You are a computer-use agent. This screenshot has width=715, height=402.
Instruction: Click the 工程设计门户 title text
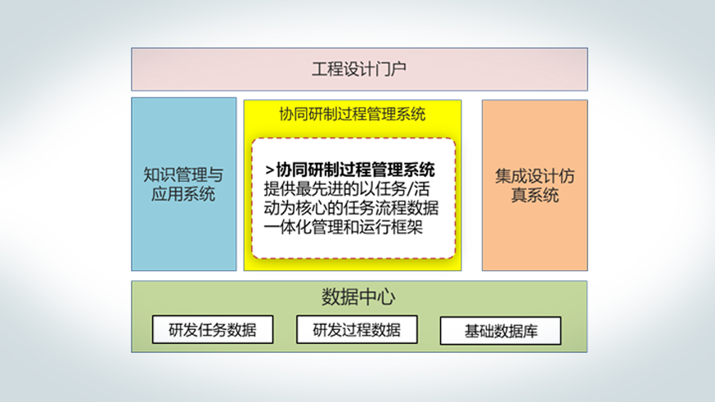coord(359,70)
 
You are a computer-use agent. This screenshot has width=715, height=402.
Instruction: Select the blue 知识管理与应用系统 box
coord(184,184)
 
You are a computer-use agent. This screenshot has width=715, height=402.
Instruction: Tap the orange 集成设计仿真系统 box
coord(535,185)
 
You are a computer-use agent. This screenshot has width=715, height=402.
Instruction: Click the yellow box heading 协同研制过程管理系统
coord(353,114)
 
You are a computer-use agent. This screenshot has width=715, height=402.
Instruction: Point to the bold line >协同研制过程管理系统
coord(350,169)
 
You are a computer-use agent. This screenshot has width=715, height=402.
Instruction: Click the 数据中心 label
coord(358,297)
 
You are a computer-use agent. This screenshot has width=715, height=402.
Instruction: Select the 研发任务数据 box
coord(213,329)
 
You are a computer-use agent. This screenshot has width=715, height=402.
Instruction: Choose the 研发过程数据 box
coord(357,329)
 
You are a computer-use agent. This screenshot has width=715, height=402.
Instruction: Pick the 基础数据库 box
coord(501,331)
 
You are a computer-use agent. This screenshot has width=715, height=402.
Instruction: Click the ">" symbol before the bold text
coord(269,170)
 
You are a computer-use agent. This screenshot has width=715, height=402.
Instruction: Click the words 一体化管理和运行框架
coord(344,227)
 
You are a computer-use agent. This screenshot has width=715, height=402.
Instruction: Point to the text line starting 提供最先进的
coord(347,189)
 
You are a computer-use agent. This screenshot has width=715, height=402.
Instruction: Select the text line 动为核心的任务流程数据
coord(351,208)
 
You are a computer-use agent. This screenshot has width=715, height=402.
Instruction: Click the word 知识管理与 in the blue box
coord(183,174)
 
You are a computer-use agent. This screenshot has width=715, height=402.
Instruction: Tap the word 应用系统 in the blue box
coord(183,194)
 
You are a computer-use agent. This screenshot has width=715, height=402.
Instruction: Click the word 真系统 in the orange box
coord(535,196)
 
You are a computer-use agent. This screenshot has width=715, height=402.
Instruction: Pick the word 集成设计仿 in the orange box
coord(535,176)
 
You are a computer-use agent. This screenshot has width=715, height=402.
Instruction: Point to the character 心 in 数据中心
coord(386,297)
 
